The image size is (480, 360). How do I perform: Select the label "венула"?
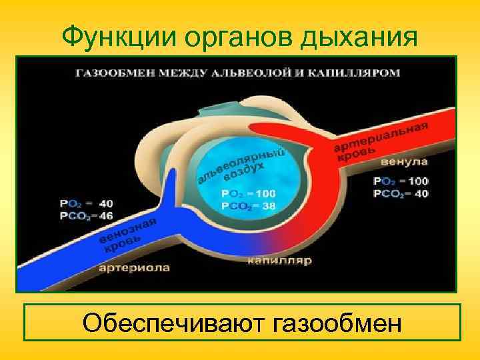click(x=405, y=162)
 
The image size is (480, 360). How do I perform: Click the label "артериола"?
click(x=135, y=269)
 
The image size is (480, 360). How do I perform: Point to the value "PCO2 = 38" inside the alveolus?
click(x=249, y=207)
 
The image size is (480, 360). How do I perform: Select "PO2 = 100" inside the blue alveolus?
click(x=249, y=193)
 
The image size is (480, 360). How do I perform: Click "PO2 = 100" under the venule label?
click(x=401, y=181)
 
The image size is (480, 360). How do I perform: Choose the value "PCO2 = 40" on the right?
click(x=401, y=193)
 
